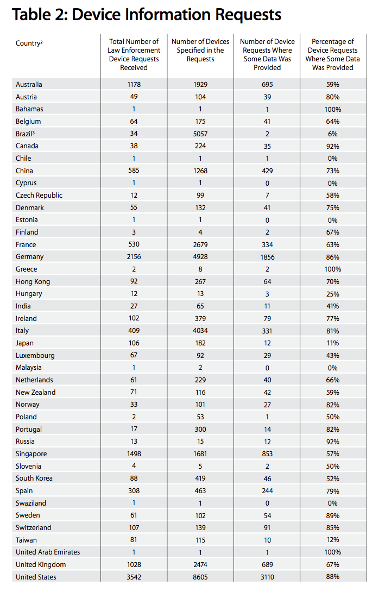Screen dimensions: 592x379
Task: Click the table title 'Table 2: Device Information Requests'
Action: point(147,15)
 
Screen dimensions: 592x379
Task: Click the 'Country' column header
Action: point(29,43)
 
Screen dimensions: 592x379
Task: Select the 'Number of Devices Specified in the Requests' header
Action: point(200,50)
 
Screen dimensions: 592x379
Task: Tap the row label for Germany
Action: point(29,257)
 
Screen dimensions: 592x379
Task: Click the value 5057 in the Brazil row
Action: point(200,134)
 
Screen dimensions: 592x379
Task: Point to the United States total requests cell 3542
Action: point(134,577)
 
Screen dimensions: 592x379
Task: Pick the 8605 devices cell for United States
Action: point(200,577)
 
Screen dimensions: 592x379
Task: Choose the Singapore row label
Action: point(31,454)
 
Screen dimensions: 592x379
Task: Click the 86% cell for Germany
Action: point(333,257)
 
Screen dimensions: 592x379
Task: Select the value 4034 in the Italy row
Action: point(200,331)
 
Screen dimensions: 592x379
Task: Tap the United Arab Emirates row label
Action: point(48,552)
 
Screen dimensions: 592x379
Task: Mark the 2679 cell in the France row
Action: point(200,244)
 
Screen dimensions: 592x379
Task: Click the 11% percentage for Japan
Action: point(333,343)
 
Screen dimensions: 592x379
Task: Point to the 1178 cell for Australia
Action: point(134,85)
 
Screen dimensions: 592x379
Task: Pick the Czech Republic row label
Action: point(39,196)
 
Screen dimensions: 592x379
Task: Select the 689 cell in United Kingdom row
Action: point(267,565)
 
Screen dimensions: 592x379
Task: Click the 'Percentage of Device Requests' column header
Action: point(333,54)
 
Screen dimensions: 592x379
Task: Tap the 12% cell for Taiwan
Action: point(333,540)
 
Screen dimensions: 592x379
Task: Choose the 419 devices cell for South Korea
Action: point(200,478)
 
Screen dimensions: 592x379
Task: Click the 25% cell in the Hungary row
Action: point(333,294)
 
